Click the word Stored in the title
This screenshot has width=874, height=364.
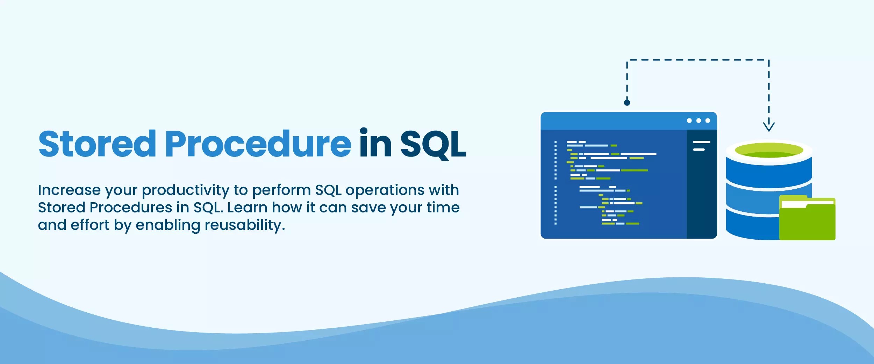coord(97,144)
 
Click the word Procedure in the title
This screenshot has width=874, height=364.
coord(258,144)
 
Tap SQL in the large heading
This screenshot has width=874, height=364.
coord(432,144)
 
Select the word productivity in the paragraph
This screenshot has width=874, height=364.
coord(185,190)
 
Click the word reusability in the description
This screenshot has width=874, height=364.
coord(245,225)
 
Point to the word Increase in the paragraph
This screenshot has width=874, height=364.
coord(69,190)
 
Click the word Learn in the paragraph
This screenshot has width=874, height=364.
coord(247,208)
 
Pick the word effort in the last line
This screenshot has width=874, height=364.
coord(90,225)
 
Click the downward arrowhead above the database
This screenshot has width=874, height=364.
coord(768,126)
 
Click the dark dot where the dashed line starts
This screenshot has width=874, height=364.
coord(627,103)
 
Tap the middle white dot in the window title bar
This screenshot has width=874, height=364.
coord(699,121)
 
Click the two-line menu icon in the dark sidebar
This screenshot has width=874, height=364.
coord(701,146)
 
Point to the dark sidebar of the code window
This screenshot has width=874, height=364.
coord(702,196)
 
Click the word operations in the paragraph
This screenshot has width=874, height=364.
coord(385,190)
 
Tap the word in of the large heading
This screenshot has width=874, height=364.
coord(375,144)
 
